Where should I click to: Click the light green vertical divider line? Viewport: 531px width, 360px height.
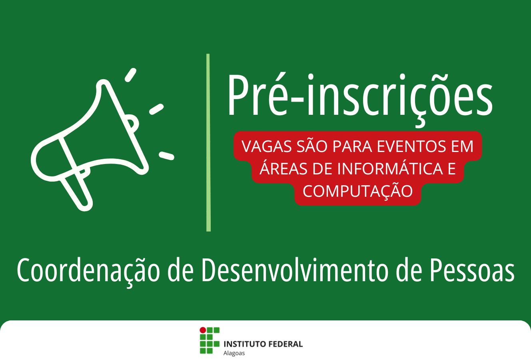coord(208,142)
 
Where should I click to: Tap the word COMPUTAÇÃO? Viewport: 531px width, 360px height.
coord(357,191)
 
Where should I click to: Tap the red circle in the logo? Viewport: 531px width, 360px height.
coord(203,330)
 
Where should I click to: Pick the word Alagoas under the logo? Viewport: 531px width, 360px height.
coord(234,353)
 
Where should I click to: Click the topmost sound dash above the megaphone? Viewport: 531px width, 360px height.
coord(131,75)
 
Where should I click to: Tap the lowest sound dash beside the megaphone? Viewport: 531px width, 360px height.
coord(167,156)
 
